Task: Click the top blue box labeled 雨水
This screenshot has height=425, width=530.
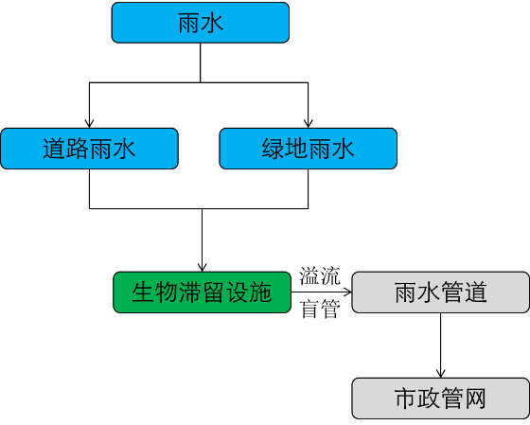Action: [x=200, y=23]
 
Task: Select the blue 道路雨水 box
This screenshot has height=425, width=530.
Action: [x=89, y=149]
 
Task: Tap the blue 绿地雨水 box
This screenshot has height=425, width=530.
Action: [x=308, y=149]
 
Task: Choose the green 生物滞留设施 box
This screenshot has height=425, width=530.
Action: [x=202, y=292]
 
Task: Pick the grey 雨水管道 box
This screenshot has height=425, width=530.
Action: [x=440, y=292]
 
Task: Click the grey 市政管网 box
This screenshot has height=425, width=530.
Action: [x=440, y=398]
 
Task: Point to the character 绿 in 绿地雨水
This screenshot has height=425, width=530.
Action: [x=273, y=149]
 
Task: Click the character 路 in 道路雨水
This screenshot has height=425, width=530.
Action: [x=77, y=149]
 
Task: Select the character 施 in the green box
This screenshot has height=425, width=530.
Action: [x=260, y=292]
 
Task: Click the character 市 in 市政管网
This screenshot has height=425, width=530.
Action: [x=405, y=398]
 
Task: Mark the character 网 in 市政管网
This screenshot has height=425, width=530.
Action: [x=475, y=398]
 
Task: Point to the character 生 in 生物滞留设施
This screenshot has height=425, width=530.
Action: [x=143, y=292]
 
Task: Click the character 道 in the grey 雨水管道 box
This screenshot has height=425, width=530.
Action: [x=475, y=292]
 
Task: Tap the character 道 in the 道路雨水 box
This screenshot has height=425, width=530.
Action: [x=54, y=149]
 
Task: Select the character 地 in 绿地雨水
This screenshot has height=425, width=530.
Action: [x=296, y=149]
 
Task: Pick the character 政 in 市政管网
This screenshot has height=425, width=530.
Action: [x=429, y=398]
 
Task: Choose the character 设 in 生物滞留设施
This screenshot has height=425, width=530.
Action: [x=237, y=292]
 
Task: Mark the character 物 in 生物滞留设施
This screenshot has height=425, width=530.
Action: [x=167, y=292]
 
